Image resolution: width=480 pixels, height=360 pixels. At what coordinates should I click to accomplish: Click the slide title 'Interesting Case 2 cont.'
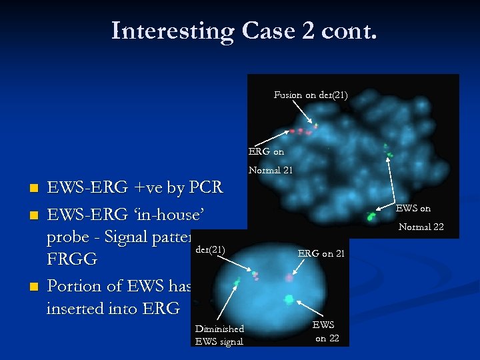pyautogui.click(x=244, y=31)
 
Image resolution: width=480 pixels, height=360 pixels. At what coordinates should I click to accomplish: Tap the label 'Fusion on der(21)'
pyautogui.click(x=310, y=95)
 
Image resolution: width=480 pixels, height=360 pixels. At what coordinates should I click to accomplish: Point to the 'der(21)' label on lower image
pyautogui.click(x=210, y=250)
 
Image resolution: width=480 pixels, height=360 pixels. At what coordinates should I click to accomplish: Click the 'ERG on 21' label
pyautogui.click(x=320, y=253)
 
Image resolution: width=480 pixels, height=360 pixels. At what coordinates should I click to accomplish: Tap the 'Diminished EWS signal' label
pyautogui.click(x=219, y=335)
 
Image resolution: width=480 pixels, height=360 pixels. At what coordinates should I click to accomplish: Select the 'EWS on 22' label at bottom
pyautogui.click(x=326, y=331)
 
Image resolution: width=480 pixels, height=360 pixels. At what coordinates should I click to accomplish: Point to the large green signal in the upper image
pyautogui.click(x=371, y=215)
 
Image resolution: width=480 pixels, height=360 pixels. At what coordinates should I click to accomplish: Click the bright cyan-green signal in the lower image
pyautogui.click(x=289, y=300)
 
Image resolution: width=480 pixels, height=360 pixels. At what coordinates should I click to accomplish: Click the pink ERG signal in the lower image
pyautogui.click(x=289, y=277)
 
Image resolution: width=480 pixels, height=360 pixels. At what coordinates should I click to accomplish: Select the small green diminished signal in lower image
pyautogui.click(x=237, y=282)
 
